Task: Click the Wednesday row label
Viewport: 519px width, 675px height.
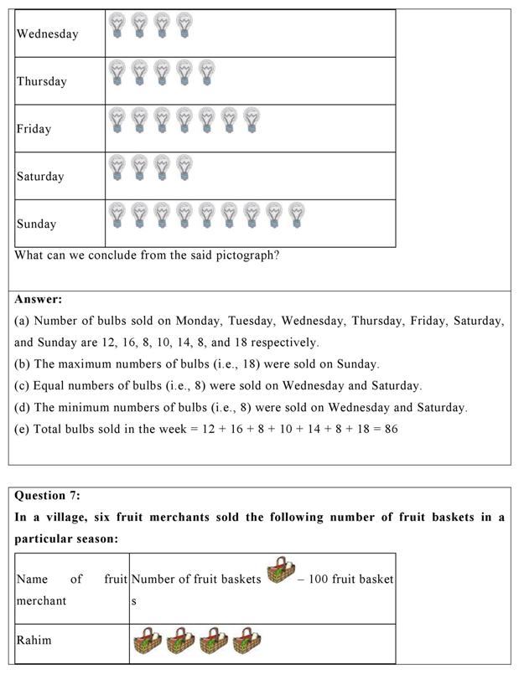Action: click(47, 34)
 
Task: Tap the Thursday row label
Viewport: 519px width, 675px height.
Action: click(41, 82)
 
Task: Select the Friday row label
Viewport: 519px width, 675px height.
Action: click(34, 129)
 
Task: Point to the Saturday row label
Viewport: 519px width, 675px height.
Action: click(40, 177)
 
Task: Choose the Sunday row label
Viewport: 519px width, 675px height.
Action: click(37, 224)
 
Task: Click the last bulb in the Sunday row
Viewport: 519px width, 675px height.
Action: click(296, 215)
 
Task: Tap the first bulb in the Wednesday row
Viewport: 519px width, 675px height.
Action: click(117, 25)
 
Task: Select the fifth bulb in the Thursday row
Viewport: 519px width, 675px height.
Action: click(206, 73)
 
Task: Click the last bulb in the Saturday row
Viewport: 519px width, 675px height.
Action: click(184, 167)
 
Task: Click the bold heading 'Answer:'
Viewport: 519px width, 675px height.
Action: click(38, 299)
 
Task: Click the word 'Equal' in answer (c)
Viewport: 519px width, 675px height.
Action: click(49, 386)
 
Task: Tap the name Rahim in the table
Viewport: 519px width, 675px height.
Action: click(34, 641)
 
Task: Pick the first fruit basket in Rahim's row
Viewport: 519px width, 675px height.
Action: click(147, 642)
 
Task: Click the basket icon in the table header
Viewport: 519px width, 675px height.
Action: click(281, 574)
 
